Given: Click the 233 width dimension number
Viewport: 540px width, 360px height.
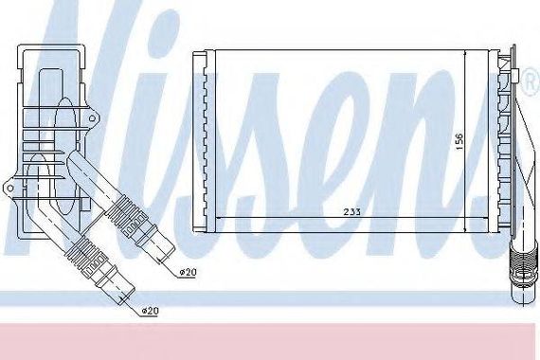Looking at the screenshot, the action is tap(352, 212).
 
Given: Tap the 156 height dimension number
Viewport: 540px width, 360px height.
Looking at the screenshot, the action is tap(459, 141).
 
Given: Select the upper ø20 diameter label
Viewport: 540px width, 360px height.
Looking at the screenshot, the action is tap(188, 273).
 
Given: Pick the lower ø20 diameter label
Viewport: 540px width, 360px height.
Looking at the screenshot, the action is tap(150, 311).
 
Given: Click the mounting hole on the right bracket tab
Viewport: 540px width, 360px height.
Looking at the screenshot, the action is tap(92, 118).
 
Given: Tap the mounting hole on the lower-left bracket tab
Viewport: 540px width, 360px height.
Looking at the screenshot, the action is tap(10, 189).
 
